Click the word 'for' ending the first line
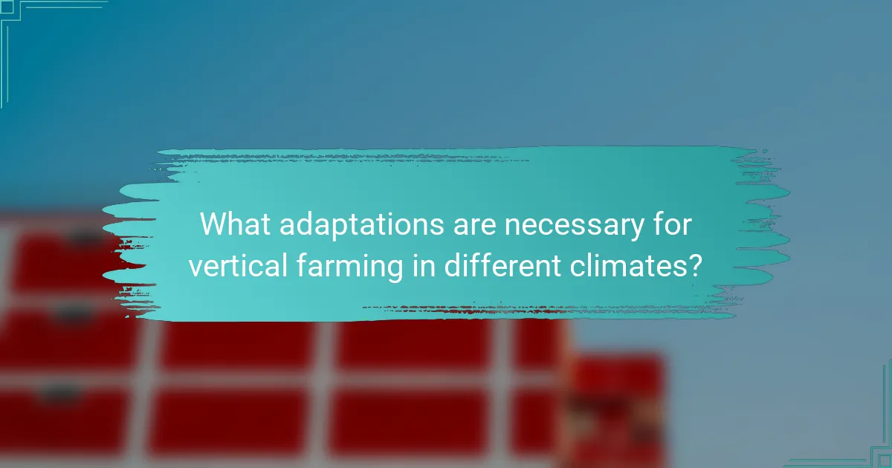click(673, 224)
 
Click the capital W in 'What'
click(213, 224)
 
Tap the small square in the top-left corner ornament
click(7, 7)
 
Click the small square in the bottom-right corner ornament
click(885, 461)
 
